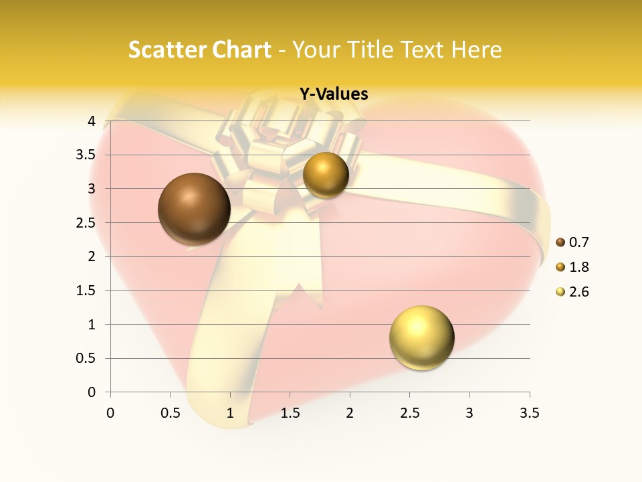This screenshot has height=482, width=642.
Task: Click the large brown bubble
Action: [x=194, y=209]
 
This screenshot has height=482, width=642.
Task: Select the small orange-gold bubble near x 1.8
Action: [x=326, y=175]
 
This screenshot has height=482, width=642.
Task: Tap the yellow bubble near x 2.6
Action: [x=421, y=337]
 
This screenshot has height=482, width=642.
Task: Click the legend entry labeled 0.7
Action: [x=572, y=242]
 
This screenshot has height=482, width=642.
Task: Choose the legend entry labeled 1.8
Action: [x=572, y=267]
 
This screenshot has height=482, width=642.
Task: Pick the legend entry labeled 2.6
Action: [x=572, y=292]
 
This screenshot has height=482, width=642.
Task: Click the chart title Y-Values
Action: [x=333, y=94]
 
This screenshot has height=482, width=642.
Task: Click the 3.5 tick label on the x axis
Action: [x=529, y=413]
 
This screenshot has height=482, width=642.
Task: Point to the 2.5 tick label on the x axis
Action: [x=409, y=413]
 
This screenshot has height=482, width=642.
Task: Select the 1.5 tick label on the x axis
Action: [x=290, y=413]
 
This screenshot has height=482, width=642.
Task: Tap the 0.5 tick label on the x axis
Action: [x=170, y=413]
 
